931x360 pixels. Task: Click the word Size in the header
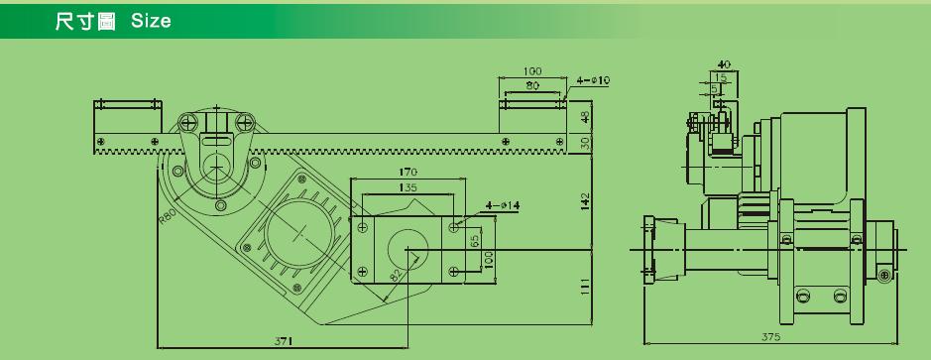coord(151,22)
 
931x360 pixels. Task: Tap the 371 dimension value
coord(283,341)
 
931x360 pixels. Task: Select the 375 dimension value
coord(772,337)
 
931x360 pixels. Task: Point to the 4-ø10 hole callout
coord(593,80)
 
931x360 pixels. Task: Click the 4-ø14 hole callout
coord(503,205)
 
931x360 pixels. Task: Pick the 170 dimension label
coord(407,173)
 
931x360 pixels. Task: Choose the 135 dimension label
coord(407,187)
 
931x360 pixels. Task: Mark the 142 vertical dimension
coord(585,201)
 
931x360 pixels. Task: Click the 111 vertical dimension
coord(585,288)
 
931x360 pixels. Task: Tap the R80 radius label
coord(167,214)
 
